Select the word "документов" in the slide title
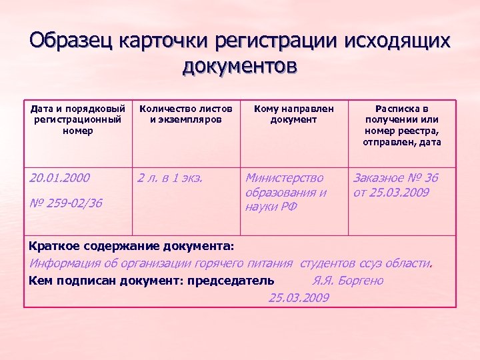239,67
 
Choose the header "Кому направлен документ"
294,114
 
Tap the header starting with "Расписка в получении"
402,125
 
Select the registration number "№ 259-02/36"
66,203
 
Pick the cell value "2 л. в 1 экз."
169,178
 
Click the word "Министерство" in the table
285,178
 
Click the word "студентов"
329,263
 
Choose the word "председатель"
231,281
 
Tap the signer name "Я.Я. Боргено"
347,281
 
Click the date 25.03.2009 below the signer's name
299,297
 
